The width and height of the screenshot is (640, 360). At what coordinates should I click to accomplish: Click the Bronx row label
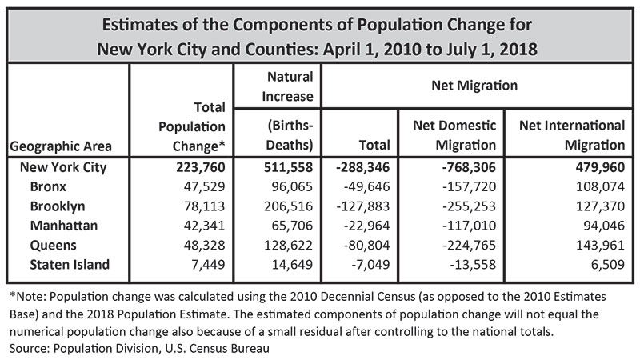point(48,187)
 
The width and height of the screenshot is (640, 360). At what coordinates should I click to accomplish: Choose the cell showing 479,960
point(594,168)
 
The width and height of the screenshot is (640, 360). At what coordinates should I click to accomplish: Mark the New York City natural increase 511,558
point(286,168)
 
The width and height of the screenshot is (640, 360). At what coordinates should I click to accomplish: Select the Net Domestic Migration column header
point(454,135)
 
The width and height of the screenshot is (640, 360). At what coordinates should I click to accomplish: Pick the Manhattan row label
point(63,226)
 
